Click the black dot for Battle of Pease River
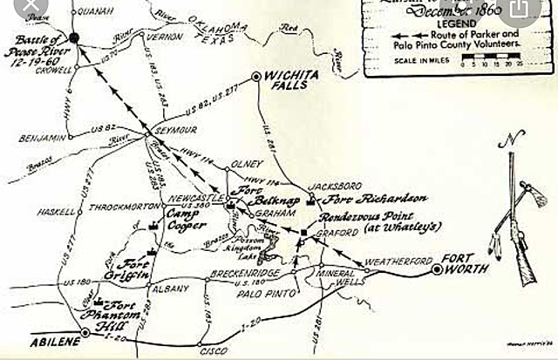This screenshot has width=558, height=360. (74, 38)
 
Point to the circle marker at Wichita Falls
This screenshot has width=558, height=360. (256, 77)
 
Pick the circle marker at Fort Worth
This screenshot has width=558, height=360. (436, 270)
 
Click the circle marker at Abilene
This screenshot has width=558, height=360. (85, 332)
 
